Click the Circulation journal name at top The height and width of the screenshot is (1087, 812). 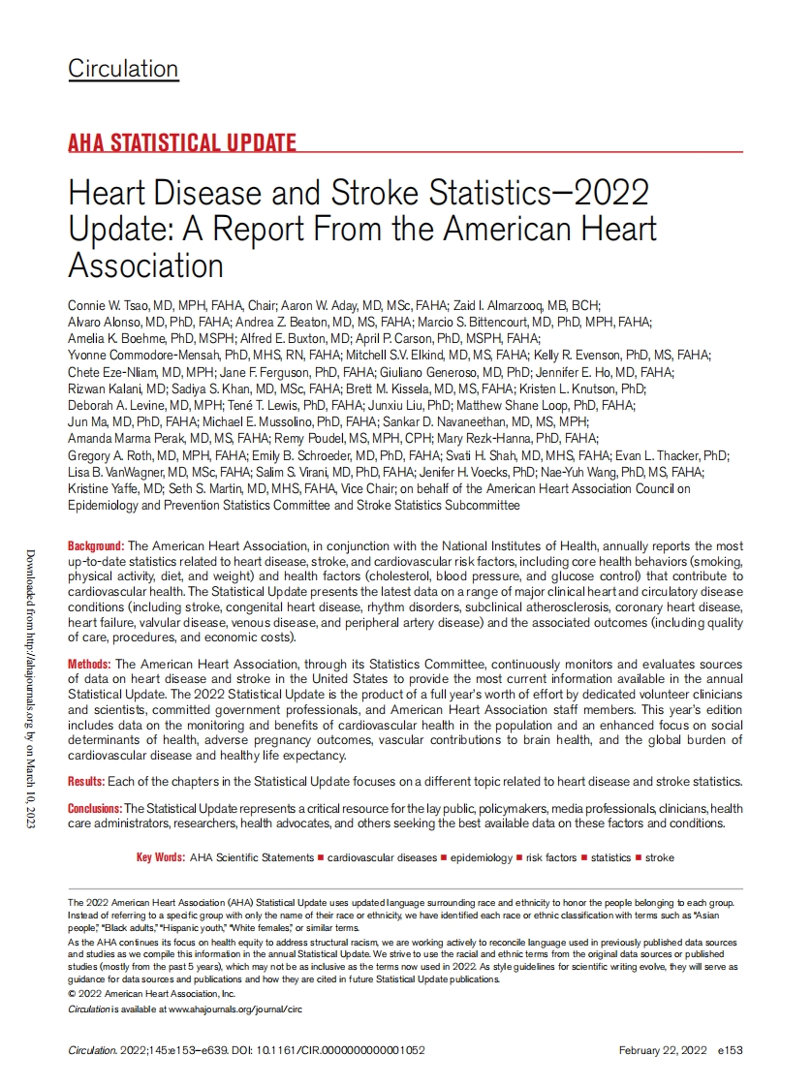click(123, 69)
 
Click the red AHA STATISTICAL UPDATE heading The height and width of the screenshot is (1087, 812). click(182, 143)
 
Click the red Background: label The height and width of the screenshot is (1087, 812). click(96, 546)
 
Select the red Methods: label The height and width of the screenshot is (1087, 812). click(89, 665)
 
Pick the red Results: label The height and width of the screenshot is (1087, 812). click(88, 781)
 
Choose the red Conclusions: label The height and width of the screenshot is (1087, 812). click(94, 808)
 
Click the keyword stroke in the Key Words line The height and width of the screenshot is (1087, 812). click(660, 857)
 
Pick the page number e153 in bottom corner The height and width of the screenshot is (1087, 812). click(730, 1050)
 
